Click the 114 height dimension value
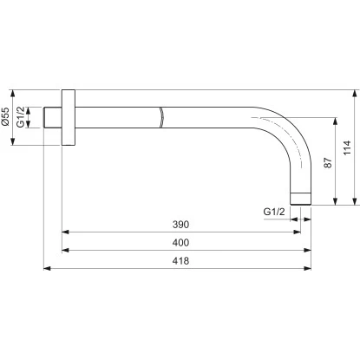coord(346,148)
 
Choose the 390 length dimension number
coord(180,224)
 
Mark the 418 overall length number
coord(180,260)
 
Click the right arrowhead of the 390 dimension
coord(296,232)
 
